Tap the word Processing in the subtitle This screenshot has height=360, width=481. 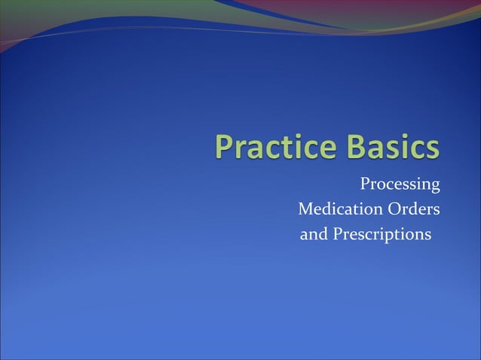[400, 185]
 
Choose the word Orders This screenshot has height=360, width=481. [413, 209]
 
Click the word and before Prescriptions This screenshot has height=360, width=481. [314, 235]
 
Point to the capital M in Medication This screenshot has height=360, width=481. [306, 209]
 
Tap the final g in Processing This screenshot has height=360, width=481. [435, 187]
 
